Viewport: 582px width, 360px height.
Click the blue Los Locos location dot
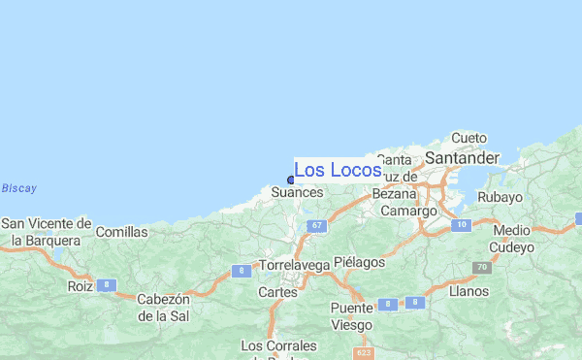tap(291, 180)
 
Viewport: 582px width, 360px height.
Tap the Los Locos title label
tap(337, 171)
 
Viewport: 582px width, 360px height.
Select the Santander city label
tap(461, 157)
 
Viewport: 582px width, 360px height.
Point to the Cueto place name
tap(469, 139)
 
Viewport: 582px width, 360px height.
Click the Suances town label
tap(296, 193)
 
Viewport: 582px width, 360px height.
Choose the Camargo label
tap(408, 211)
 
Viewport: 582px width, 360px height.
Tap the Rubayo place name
tap(501, 197)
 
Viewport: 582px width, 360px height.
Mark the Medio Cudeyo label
tap(513, 239)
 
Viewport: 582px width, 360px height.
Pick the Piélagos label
tap(359, 262)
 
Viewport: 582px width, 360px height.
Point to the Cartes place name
tap(276, 291)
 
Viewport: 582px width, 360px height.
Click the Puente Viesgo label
tap(351, 317)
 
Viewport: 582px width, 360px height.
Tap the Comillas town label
tap(122, 232)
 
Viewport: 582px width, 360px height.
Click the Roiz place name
tap(79, 286)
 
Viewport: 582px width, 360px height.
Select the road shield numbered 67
tap(316, 225)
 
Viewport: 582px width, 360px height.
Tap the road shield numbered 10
tap(461, 224)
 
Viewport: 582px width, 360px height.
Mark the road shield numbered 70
tap(481, 267)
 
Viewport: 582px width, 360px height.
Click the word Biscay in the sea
tap(18, 188)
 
